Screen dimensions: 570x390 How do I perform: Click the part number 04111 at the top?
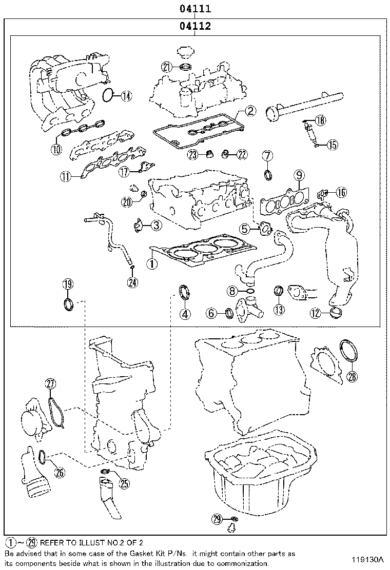tap(195, 9)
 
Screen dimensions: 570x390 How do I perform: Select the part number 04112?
tap(195, 26)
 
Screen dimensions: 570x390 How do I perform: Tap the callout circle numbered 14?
tap(126, 95)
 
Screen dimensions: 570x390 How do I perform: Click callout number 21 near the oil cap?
tap(166, 67)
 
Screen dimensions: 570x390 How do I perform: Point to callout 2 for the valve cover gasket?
tap(249, 111)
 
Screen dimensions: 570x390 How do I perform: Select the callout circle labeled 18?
tap(320, 120)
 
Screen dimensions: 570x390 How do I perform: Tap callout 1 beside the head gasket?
tap(151, 264)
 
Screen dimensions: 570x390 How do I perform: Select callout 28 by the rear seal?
tap(352, 377)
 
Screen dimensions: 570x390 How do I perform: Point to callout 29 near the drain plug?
tap(218, 520)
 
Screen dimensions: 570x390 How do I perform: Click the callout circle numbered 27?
tap(50, 383)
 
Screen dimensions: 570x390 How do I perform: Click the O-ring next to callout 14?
tap(108, 95)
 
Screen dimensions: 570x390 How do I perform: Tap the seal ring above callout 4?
tap(184, 293)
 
